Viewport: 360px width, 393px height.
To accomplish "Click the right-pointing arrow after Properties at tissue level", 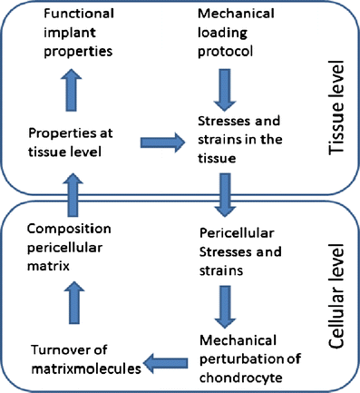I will (160, 142).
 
